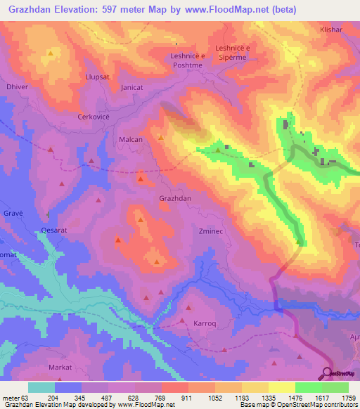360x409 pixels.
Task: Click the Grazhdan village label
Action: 175,199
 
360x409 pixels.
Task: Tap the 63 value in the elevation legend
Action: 28,397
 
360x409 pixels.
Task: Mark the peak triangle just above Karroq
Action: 188,308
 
